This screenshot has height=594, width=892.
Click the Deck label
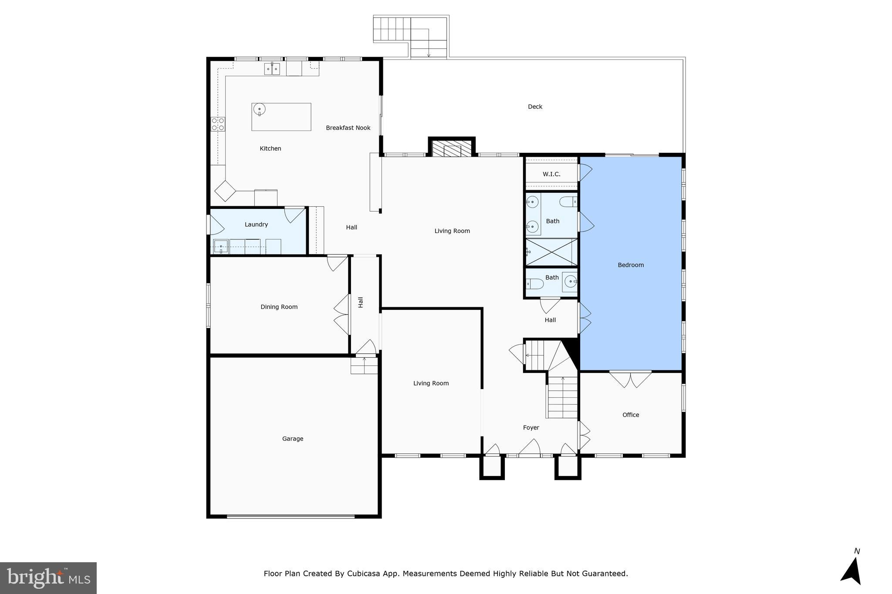tap(535, 107)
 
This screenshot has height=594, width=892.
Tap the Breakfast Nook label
tap(348, 128)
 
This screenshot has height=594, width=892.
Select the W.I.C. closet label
tap(551, 174)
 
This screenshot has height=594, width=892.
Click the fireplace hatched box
tap(452, 148)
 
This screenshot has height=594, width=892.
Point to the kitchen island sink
tap(259, 110)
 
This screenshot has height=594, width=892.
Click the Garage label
tap(292, 439)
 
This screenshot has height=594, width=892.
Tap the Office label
tap(630, 415)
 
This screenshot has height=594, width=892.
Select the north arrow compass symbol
tap(851, 570)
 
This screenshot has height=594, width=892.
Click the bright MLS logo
tap(48, 578)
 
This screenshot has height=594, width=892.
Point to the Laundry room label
tap(256, 225)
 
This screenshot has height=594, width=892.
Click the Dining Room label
tap(279, 307)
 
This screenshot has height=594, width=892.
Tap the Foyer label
tap(531, 428)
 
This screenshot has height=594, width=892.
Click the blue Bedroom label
tap(630, 265)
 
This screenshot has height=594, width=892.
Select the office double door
tap(630, 378)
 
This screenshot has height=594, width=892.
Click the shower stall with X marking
tap(551, 252)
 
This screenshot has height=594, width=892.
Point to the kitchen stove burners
tap(218, 124)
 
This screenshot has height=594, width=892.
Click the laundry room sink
tap(221, 247)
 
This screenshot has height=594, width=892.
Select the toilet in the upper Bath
tap(568, 202)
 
